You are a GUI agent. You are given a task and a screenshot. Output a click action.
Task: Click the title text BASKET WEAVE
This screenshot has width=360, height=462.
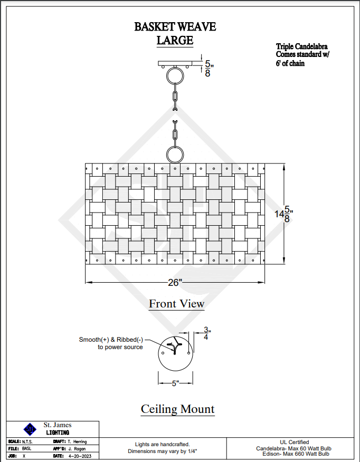(175, 27)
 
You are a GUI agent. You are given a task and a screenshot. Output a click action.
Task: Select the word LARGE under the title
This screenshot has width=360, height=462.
(175, 40)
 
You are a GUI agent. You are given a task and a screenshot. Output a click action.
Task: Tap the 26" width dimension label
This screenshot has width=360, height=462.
(175, 283)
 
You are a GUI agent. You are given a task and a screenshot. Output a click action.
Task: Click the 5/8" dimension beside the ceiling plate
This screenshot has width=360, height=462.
(208, 69)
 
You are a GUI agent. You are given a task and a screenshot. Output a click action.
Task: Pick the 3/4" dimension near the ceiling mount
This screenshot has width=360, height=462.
(206, 333)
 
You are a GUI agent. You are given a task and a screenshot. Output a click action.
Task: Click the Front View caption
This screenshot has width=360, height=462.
(176, 304)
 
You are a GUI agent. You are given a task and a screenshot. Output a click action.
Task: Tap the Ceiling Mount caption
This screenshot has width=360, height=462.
(177, 409)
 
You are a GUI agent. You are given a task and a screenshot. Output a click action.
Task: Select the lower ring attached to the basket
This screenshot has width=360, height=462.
(175, 155)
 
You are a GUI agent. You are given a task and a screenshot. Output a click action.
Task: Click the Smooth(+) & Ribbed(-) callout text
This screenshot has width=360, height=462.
(111, 343)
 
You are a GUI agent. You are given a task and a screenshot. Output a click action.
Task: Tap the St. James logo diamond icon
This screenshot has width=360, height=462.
(31, 428)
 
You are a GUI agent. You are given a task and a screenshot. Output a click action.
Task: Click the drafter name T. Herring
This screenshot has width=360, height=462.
(77, 441)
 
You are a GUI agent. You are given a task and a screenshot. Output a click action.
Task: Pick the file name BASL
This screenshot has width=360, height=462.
(27, 448)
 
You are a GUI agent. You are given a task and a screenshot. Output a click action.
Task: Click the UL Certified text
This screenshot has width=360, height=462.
(295, 442)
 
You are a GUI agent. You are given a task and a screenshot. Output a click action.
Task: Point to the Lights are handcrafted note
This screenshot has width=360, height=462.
(162, 445)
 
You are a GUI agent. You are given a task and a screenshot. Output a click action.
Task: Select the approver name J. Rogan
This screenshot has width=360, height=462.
(77, 448)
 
